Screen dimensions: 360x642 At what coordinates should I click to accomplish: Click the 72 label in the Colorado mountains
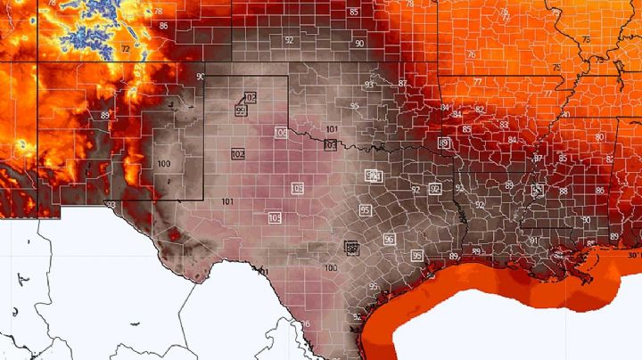coord(126,48)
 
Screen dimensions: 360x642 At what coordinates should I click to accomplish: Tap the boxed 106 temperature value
coord(281,133)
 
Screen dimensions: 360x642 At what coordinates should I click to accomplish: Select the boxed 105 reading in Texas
coord(297,189)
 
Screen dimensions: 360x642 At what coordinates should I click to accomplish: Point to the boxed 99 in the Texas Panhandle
coord(241,110)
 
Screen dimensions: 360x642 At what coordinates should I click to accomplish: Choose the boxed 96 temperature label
coord(389,239)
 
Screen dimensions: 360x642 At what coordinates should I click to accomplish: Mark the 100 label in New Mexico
coord(163,164)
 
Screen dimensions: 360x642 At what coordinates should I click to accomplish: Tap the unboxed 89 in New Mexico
coord(105,115)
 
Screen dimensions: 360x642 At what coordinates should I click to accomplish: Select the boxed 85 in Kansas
coord(354,12)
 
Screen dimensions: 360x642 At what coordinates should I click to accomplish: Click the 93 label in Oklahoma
coord(369,85)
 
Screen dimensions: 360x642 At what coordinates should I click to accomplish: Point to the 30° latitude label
coord(632,256)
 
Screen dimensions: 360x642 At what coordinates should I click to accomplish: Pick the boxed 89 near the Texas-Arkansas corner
coord(444,143)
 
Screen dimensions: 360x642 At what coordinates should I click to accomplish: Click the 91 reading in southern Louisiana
coord(533,240)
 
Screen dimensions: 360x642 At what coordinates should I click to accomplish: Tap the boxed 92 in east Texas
coord(434,189)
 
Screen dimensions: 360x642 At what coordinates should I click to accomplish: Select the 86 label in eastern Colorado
coord(163,26)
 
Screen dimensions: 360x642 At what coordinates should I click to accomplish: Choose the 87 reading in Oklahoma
coord(402,83)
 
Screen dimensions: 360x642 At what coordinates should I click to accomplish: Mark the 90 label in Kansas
coord(358,43)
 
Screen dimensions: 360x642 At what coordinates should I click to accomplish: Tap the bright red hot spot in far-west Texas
coord(175,237)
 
